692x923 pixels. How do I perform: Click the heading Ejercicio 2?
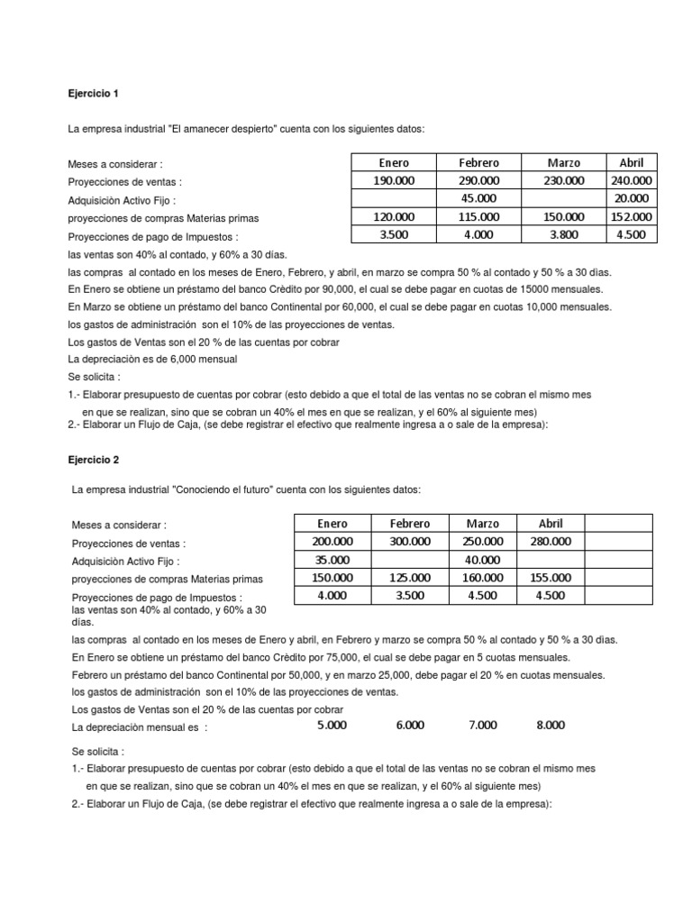[x=93, y=459]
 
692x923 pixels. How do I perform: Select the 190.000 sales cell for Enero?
[x=393, y=180]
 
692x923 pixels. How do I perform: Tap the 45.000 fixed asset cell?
[x=478, y=198]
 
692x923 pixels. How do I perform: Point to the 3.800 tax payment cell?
[x=564, y=234]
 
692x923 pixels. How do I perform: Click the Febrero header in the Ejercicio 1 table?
[x=478, y=163]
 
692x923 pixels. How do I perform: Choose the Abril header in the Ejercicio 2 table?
[x=550, y=524]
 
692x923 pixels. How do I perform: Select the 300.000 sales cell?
[x=409, y=541]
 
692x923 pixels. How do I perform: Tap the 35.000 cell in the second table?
[x=333, y=559]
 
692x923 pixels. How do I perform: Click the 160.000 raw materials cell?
[x=483, y=577]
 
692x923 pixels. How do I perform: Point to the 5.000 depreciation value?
[x=333, y=724]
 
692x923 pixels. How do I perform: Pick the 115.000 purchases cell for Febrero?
[x=478, y=216]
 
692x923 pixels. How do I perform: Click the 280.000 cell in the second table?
[x=550, y=541]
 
